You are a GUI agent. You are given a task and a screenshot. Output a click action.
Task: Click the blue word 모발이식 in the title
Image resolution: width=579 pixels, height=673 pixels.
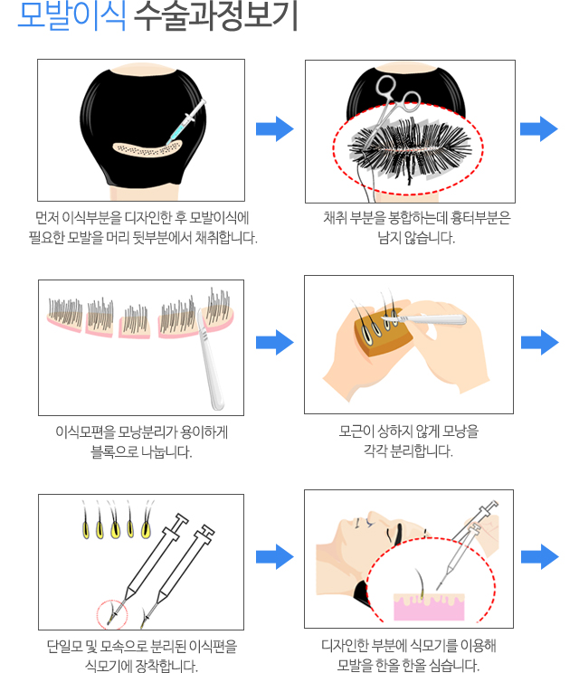pos(72,16)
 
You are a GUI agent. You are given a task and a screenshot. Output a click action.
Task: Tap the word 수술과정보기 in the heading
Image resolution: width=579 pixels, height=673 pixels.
pos(216,16)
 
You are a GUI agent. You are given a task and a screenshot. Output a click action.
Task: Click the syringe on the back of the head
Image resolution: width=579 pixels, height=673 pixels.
pos(185,122)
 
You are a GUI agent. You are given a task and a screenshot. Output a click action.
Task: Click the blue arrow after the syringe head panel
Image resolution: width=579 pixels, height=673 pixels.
pos(275,128)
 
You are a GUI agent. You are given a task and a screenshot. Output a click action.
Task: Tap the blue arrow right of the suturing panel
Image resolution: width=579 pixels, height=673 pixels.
pos(538,128)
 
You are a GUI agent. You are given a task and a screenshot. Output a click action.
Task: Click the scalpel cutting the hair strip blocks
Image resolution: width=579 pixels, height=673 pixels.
pos(211,361)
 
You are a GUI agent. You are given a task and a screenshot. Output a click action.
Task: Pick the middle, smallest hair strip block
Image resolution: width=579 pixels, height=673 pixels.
pos(135,322)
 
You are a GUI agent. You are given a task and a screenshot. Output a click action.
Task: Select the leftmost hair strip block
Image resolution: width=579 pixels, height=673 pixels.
pos(65,315)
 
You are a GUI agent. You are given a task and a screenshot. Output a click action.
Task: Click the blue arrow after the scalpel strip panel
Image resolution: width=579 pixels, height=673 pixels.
pos(275,343)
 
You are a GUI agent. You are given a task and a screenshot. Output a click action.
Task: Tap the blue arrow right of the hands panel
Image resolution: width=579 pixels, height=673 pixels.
pos(539,343)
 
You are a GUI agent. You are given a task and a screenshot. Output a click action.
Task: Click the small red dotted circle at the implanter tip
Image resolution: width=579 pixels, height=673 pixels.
pos(112,614)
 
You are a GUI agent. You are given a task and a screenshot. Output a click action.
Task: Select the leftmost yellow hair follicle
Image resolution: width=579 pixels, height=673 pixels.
pos(86,529)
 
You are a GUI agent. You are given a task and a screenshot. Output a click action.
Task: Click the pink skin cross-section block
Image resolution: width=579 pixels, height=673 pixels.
pos(429,607)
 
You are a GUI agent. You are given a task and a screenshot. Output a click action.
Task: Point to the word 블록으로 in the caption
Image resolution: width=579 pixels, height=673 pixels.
pos(114,451)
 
